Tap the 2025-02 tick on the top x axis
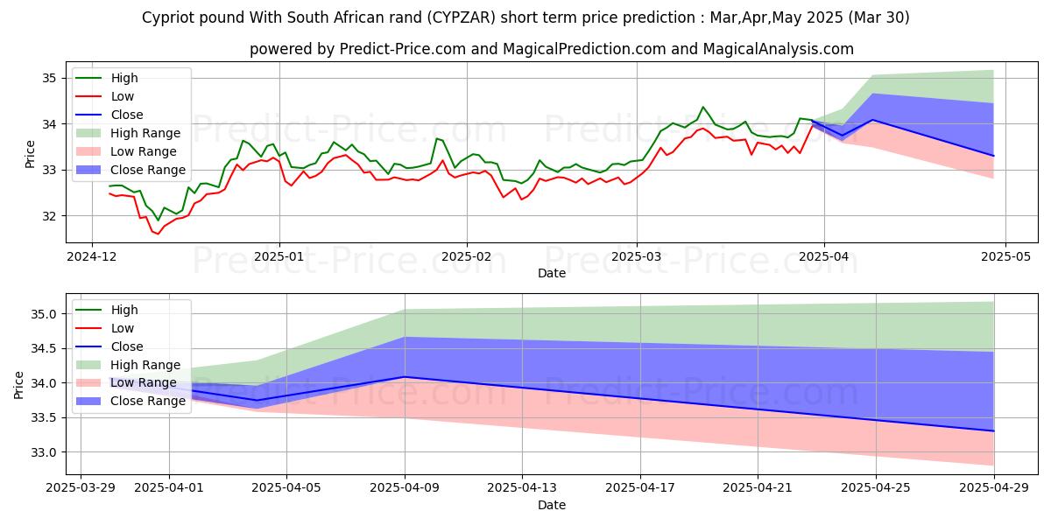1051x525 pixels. pyautogui.click(x=466, y=256)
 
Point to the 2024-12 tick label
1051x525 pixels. pyautogui.click(x=93, y=256)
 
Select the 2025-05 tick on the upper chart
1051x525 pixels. pyautogui.click(x=1005, y=256)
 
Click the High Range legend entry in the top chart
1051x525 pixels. pyautogui.click(x=145, y=133)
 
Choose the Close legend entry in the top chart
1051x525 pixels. pyautogui.click(x=127, y=115)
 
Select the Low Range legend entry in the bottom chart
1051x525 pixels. pyautogui.click(x=144, y=383)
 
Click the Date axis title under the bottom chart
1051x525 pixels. pyautogui.click(x=552, y=506)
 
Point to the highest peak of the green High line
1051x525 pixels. pyautogui.click(x=702, y=107)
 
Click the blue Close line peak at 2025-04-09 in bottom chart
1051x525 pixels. pyautogui.click(x=405, y=377)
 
